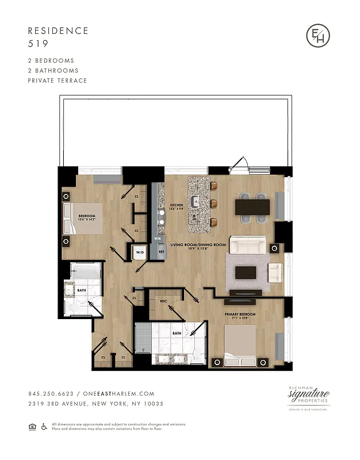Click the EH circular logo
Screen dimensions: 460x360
(317, 36)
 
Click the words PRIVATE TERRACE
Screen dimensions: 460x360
(58, 80)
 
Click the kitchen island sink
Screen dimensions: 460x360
(196, 201)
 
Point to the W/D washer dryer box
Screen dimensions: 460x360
(140, 252)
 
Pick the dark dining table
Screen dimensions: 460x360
(252, 206)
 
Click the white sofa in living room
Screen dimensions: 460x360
(247, 246)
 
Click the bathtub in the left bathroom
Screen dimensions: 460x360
(86, 272)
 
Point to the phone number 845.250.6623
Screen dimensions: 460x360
(49, 394)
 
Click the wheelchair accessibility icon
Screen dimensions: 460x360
(44, 426)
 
